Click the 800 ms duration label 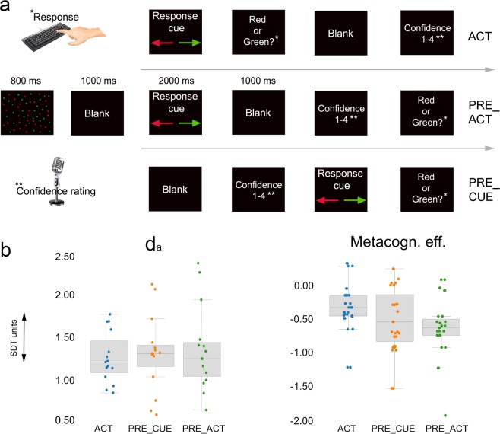[27, 79]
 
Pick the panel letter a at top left [7, 10]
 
